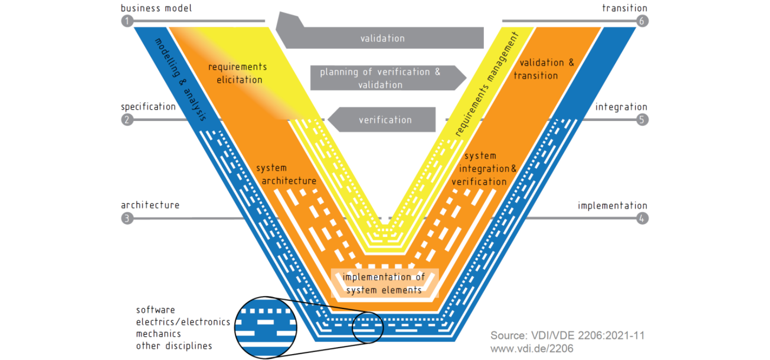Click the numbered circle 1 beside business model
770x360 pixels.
click(x=127, y=21)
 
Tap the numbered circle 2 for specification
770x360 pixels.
click(x=127, y=120)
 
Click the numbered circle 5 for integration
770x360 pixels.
click(x=643, y=120)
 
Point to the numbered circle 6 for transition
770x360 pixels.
click(x=643, y=21)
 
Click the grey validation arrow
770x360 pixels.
click(x=382, y=38)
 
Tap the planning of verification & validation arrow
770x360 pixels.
click(x=381, y=78)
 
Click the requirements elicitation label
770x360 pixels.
click(x=237, y=73)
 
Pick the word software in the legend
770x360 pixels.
click(x=155, y=310)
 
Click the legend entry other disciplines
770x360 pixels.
click(x=174, y=346)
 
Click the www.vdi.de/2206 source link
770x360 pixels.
click(x=532, y=349)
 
